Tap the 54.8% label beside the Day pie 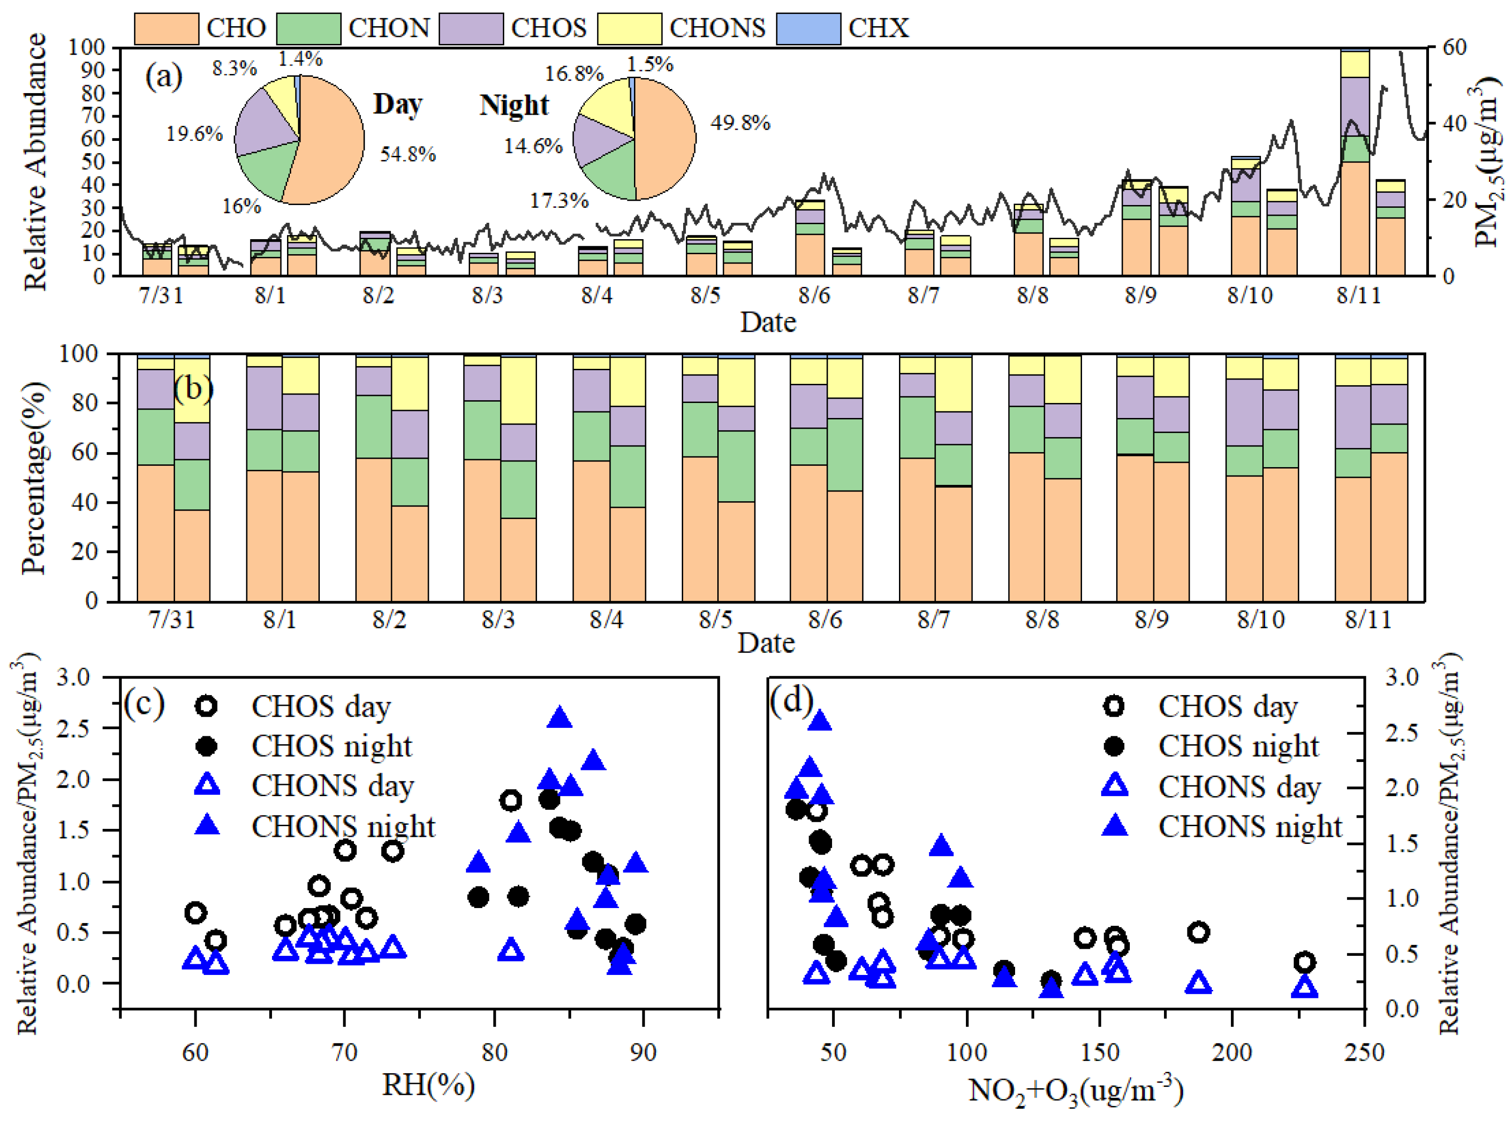pos(407,154)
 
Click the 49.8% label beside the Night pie pos(740,123)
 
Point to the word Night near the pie pos(514,105)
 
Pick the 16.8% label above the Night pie pos(574,73)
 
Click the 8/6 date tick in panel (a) pos(814,295)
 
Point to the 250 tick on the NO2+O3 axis pos(1364,1052)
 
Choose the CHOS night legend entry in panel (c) pos(331,747)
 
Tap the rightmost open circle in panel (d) pos(1304,961)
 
